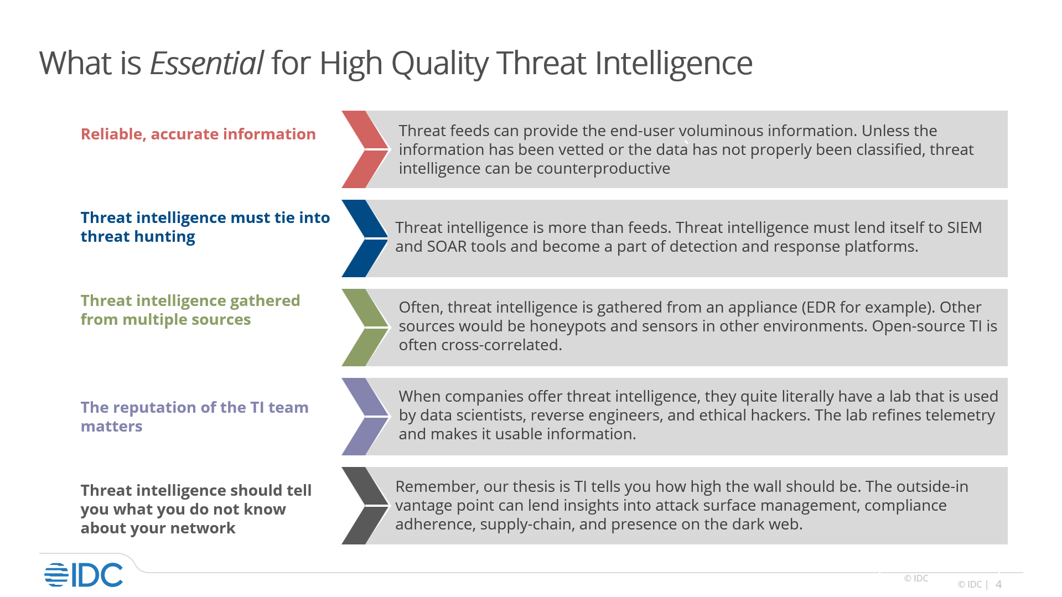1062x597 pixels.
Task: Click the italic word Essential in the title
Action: coord(206,63)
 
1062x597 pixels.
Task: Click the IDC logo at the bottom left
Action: coord(84,575)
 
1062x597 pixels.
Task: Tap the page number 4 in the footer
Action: coord(998,584)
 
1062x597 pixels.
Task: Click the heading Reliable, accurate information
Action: coord(198,134)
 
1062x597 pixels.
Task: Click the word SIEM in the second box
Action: coord(964,227)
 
